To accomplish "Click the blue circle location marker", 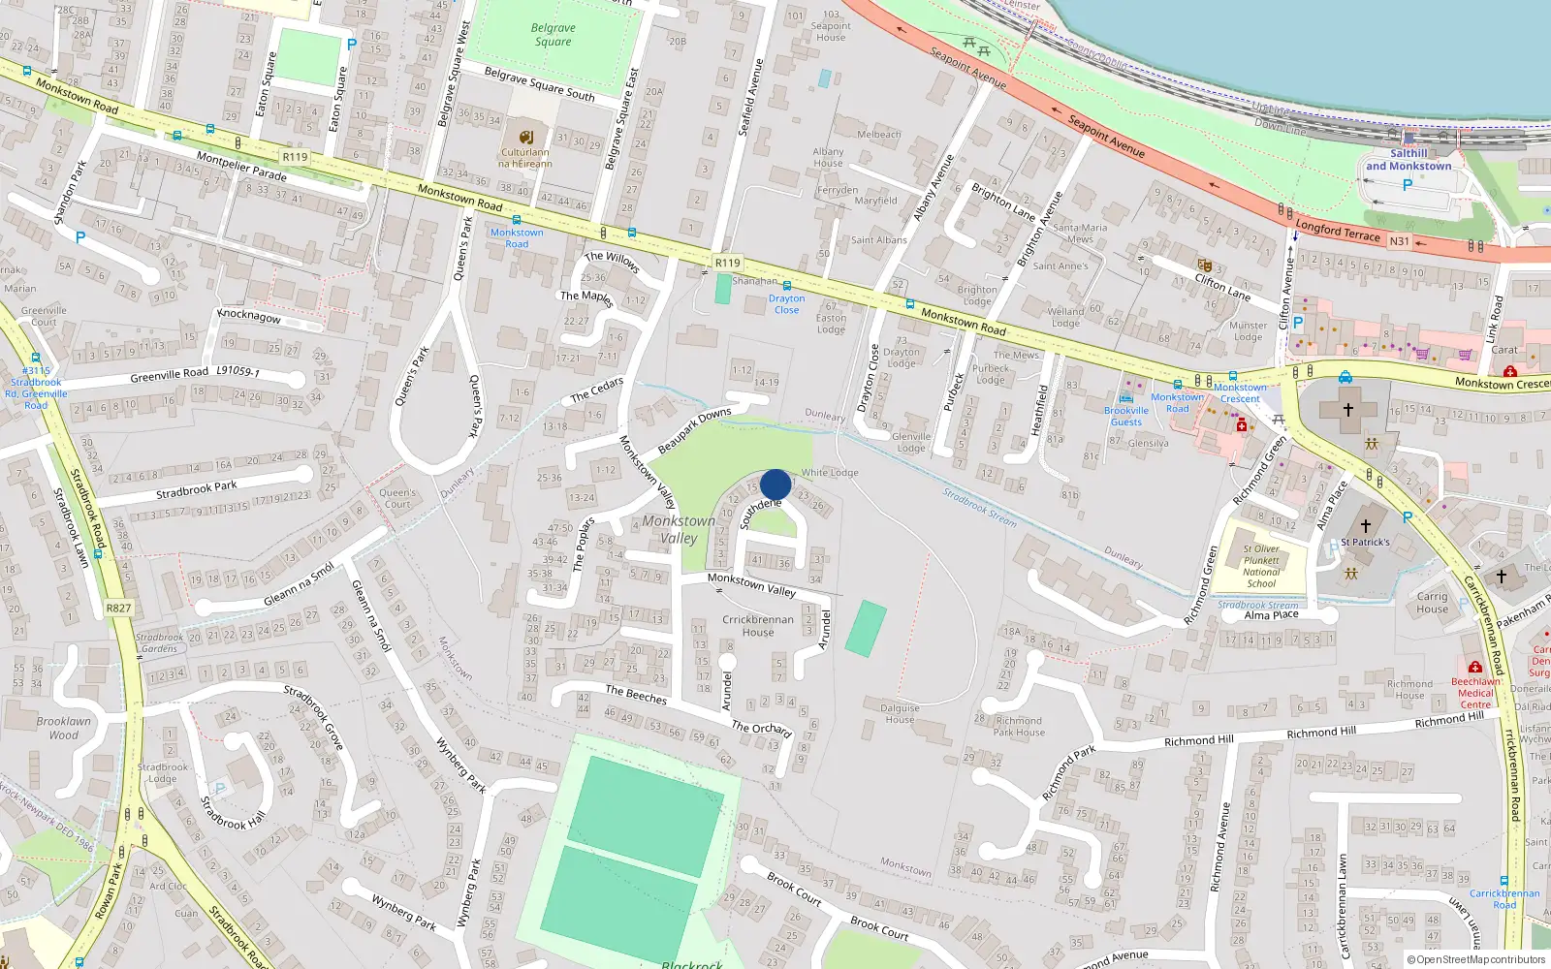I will pyautogui.click(x=775, y=484).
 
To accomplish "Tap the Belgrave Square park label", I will pyautogui.click(x=553, y=35).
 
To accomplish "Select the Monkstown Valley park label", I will pyautogui.click(x=679, y=529).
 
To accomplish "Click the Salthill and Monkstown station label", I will pyautogui.click(x=1409, y=160).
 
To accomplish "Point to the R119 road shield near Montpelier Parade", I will pyautogui.click(x=295, y=157).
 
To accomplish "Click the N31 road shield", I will pyautogui.click(x=1399, y=241).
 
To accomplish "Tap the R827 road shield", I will pyautogui.click(x=118, y=609).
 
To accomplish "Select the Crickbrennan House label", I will pyautogui.click(x=758, y=626).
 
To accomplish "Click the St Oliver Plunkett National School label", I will pyautogui.click(x=1261, y=566).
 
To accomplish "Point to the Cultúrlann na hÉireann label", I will pyautogui.click(x=525, y=158).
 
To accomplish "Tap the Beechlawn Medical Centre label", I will pyautogui.click(x=1475, y=693).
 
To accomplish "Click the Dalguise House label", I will pyautogui.click(x=900, y=713).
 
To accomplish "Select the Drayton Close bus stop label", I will pyautogui.click(x=786, y=304).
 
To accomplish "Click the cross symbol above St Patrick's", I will pyautogui.click(x=1365, y=526).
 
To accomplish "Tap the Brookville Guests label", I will pyautogui.click(x=1125, y=417).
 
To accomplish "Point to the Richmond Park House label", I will pyautogui.click(x=1020, y=727).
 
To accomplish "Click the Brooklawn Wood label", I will pyautogui.click(x=64, y=728).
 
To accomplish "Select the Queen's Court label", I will pyautogui.click(x=397, y=498).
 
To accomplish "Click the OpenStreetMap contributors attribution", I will pyautogui.click(x=1475, y=960).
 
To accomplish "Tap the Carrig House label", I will pyautogui.click(x=1432, y=603).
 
